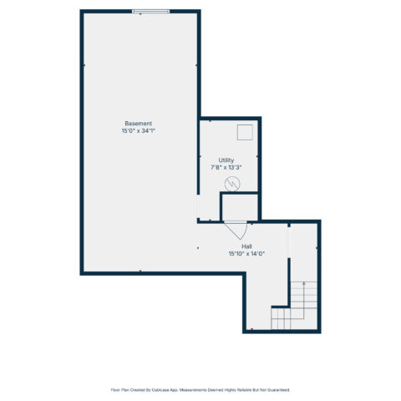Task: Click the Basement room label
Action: tap(138, 124)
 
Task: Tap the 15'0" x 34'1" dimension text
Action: tap(138, 130)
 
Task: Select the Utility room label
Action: tap(226, 160)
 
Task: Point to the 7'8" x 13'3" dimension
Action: tap(226, 167)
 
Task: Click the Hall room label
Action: tap(246, 246)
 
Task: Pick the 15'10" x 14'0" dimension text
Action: tap(246, 254)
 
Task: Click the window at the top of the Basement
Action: tap(150, 12)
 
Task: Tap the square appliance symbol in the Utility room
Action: tap(245, 132)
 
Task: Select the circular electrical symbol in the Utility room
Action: tap(232, 184)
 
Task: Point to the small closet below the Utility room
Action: tap(240, 207)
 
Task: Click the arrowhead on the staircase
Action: tap(304, 283)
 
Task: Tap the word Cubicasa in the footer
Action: tap(160, 390)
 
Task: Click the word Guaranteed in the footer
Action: tap(279, 390)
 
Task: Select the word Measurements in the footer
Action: tap(191, 390)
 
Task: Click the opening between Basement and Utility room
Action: tap(198, 206)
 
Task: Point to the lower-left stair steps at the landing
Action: tap(281, 318)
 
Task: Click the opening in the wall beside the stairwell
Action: tap(289, 242)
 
